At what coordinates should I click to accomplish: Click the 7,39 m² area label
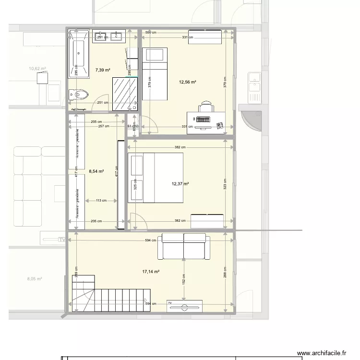(103, 70)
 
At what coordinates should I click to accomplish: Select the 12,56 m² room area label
(188, 82)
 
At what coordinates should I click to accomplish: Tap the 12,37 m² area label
(180, 183)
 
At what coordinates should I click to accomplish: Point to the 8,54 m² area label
(96, 170)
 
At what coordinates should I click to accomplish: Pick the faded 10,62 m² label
(37, 69)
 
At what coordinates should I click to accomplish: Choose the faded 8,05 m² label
(35, 278)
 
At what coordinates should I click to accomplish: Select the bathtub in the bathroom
(79, 53)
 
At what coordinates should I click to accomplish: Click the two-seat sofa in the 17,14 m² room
(184, 245)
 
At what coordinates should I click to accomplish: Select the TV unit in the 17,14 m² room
(184, 306)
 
